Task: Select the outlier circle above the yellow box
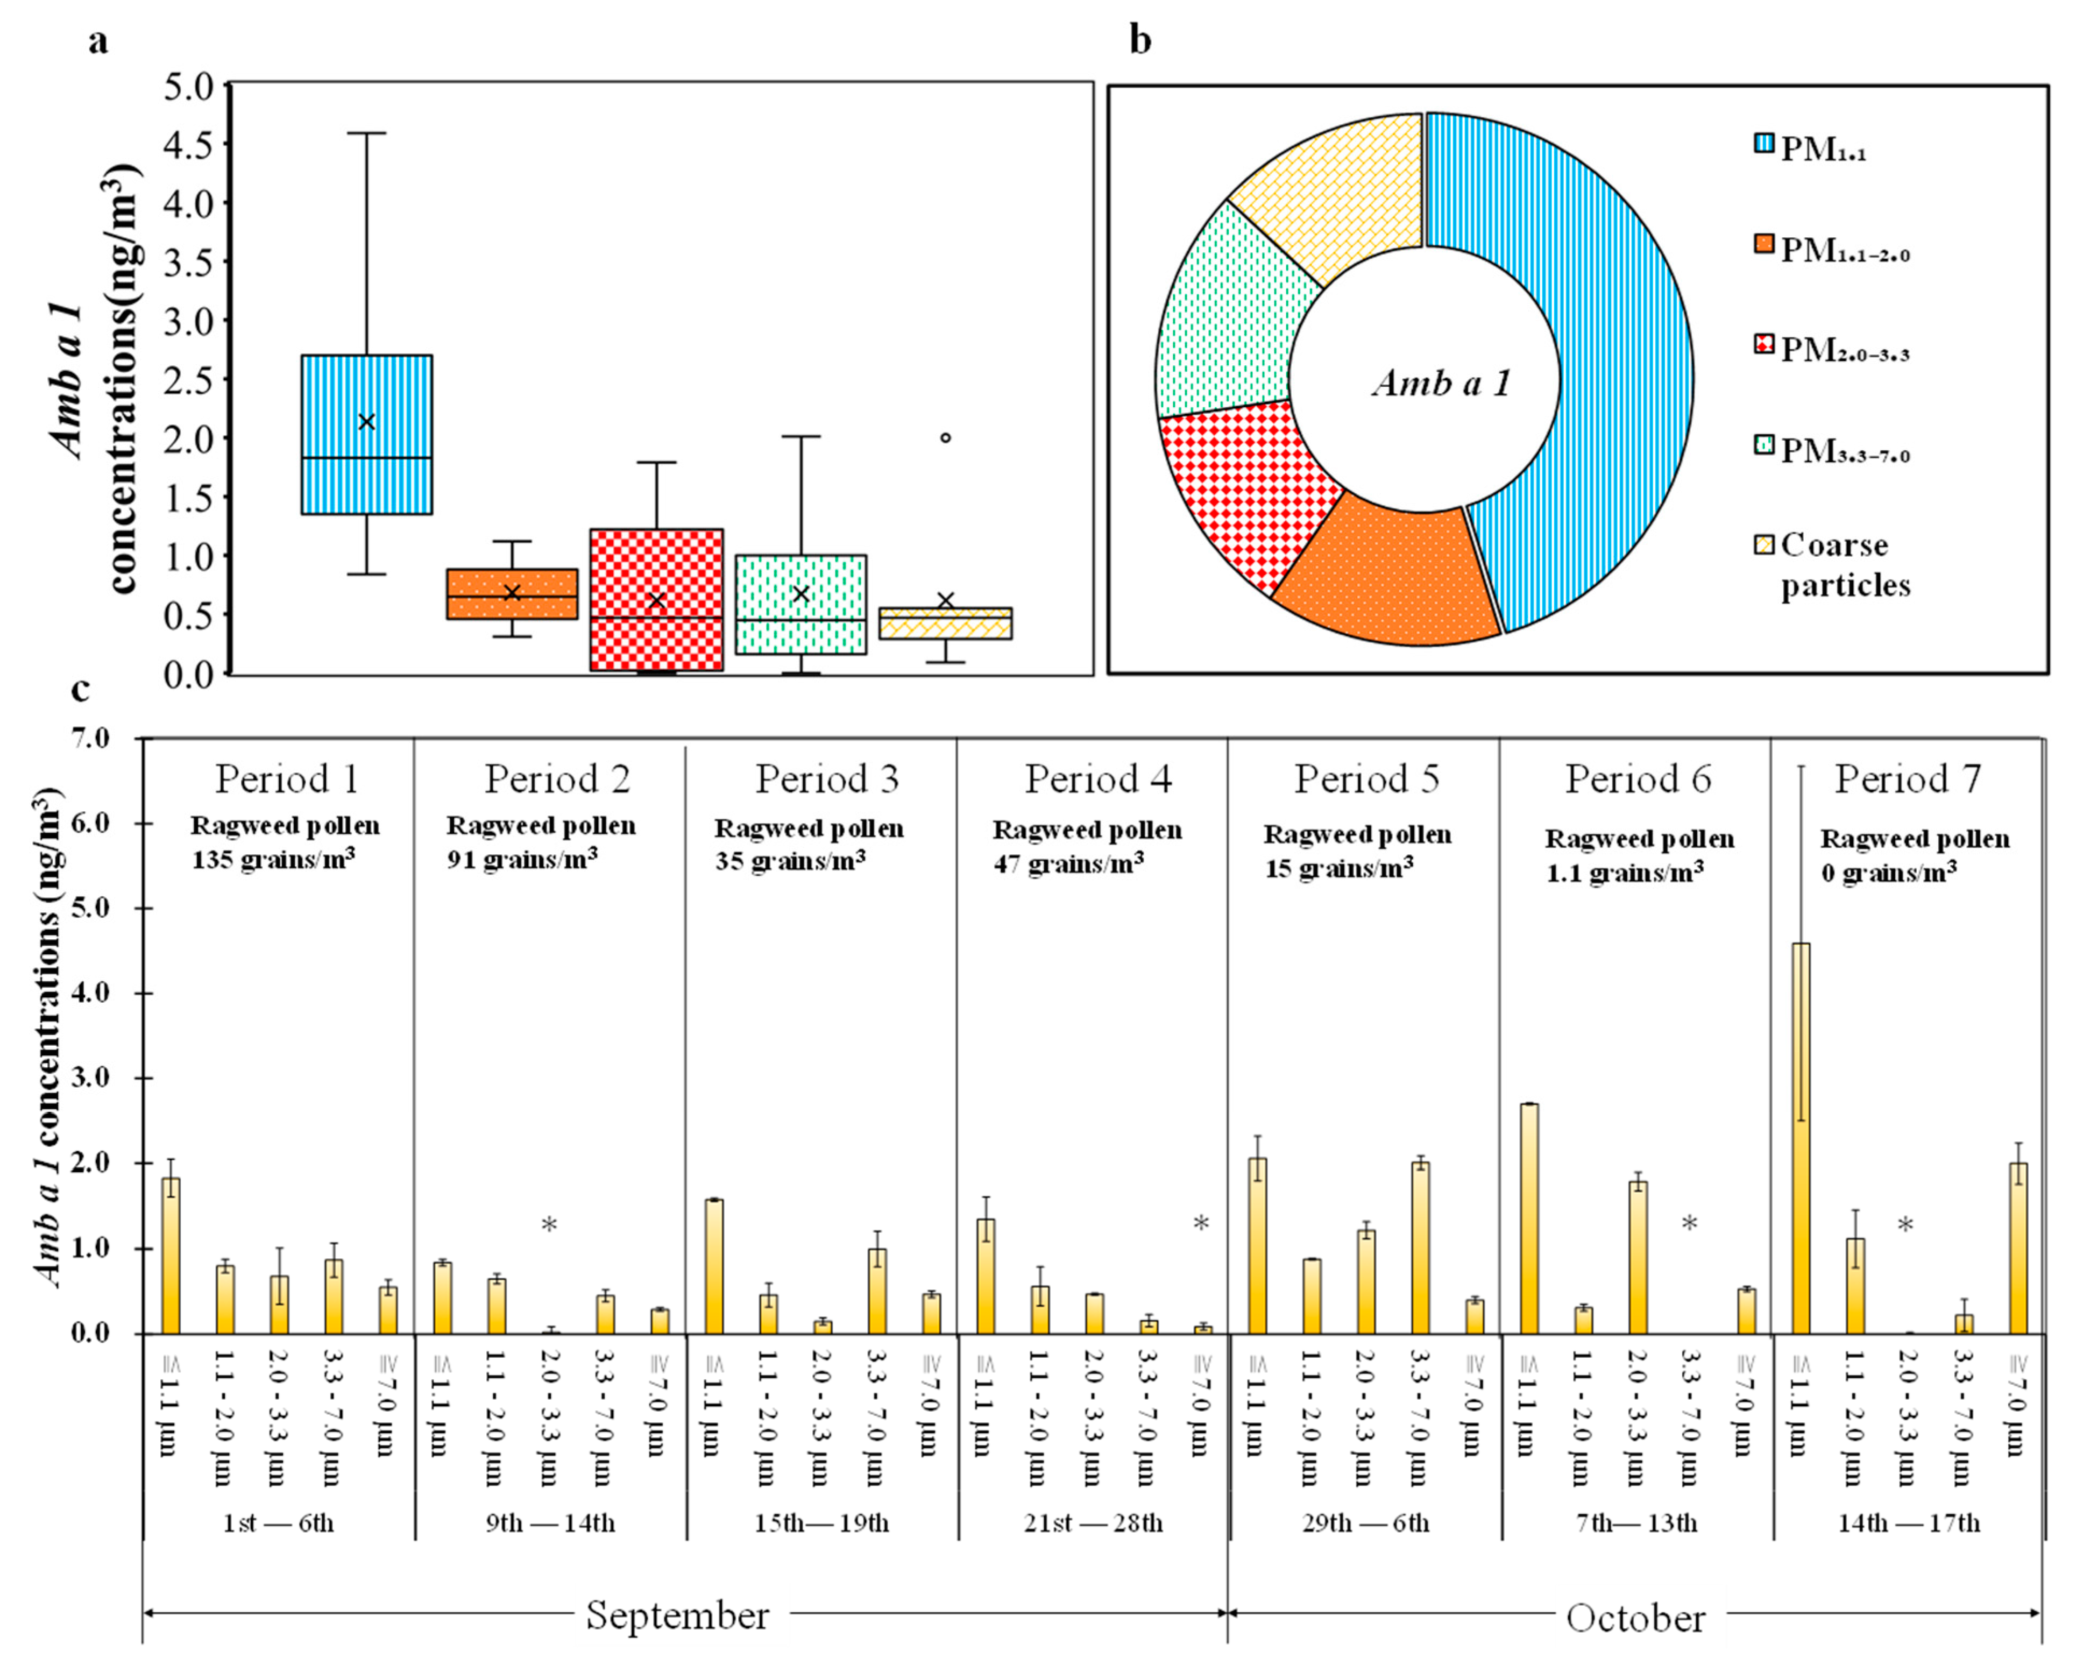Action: [x=946, y=437]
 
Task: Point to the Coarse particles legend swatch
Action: [x=1763, y=545]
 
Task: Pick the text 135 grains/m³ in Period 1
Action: [x=274, y=859]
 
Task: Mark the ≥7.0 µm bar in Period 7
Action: [x=2018, y=1249]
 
